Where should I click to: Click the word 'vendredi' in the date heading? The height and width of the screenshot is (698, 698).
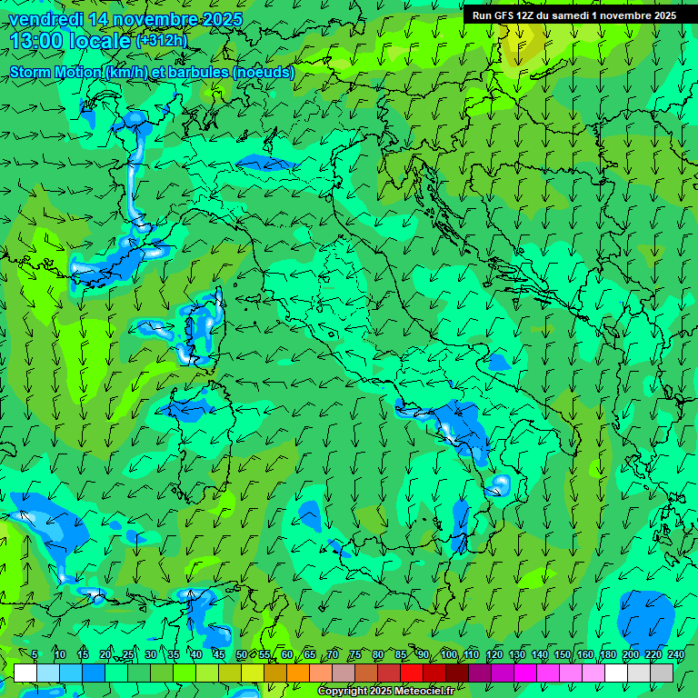tap(41, 20)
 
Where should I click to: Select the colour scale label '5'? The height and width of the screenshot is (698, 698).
tap(35, 655)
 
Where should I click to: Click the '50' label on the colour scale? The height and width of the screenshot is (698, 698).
tap(241, 655)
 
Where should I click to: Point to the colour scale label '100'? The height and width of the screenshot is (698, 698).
tap(448, 655)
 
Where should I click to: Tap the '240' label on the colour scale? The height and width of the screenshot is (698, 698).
tap(675, 655)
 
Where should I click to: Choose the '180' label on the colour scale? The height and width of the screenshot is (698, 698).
tap(607, 655)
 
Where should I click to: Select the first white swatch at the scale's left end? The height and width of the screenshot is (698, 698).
tap(25, 673)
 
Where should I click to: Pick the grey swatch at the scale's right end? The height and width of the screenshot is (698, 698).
tap(662, 673)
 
